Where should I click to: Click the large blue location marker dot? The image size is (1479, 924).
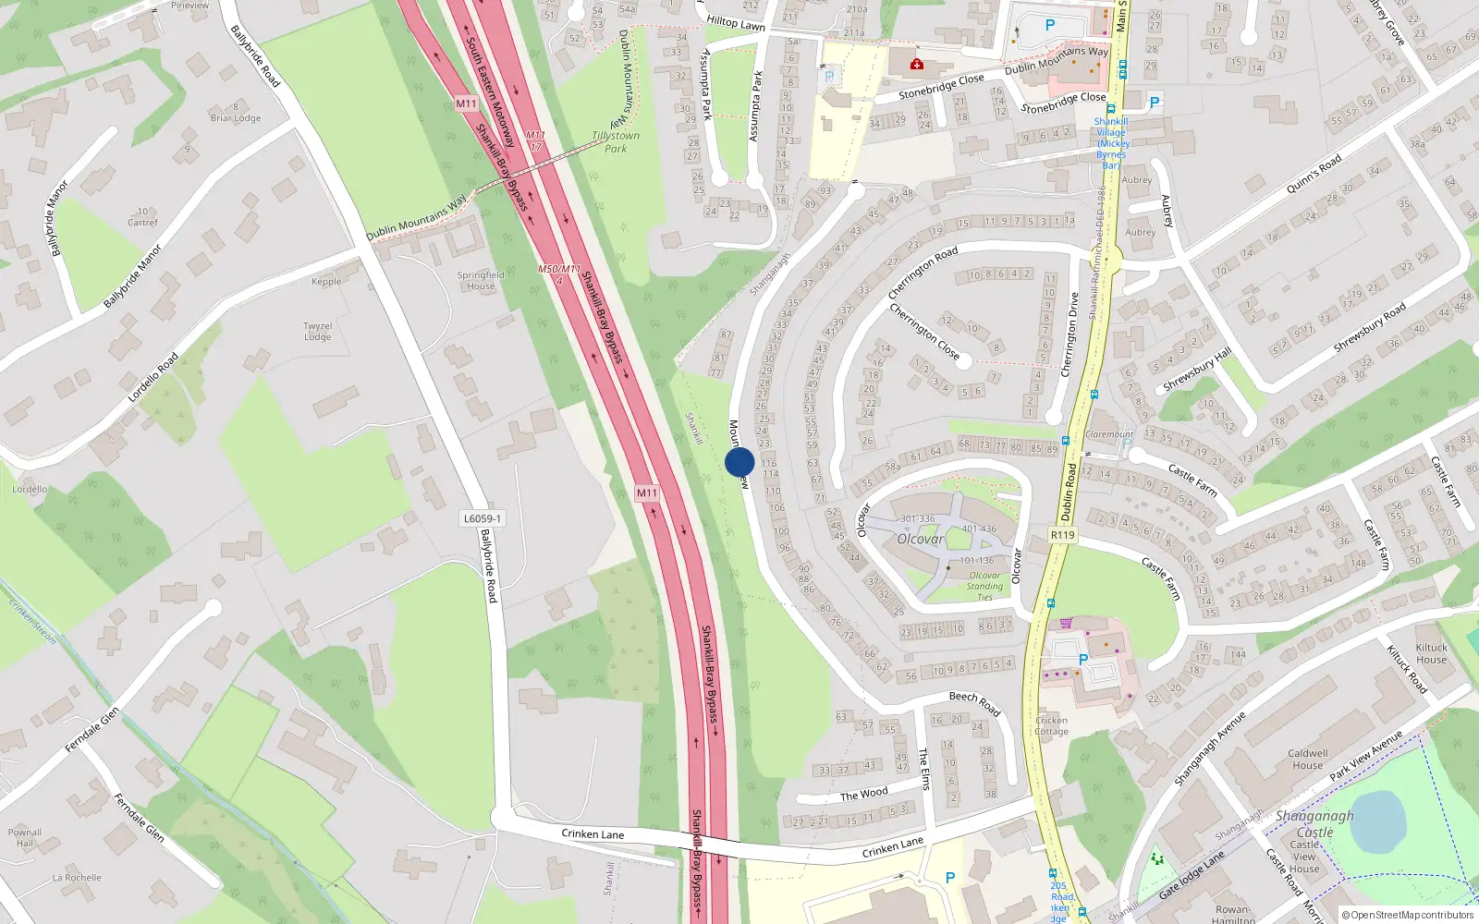739,462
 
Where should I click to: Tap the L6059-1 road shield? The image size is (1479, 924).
483,518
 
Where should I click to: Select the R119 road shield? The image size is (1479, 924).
1063,535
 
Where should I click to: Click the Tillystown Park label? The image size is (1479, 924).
616,142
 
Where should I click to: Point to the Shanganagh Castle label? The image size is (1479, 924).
1314,823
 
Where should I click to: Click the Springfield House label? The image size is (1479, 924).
481,280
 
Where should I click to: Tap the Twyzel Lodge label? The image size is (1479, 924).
317,331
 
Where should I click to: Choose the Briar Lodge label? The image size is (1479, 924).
236,117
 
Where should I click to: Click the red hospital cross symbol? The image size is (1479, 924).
916,64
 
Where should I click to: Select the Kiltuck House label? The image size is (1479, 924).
1431,653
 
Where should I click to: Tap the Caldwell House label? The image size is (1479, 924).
1307,759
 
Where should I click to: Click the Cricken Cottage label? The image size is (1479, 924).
1051,725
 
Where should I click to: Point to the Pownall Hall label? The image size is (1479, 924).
25,837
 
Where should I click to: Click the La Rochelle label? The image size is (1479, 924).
77,878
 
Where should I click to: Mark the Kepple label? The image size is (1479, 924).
326,282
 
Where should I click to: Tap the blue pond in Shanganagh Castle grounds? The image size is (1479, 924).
1377,821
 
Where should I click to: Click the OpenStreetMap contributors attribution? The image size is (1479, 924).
1407,915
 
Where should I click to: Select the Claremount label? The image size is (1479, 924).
1109,434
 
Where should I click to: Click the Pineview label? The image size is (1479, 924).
189,6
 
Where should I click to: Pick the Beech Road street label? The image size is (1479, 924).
974,702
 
